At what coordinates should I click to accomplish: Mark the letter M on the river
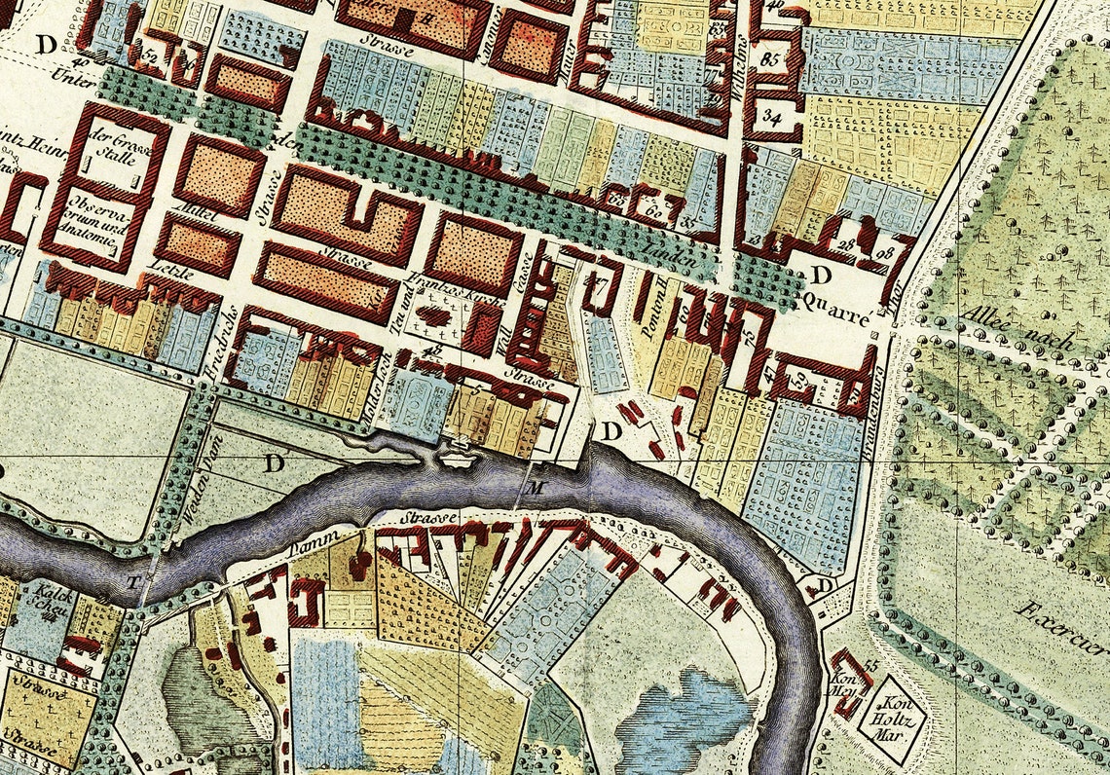pyautogui.click(x=534, y=486)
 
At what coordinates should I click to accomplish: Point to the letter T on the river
pyautogui.click(x=133, y=581)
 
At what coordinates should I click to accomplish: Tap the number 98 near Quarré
pyautogui.click(x=883, y=255)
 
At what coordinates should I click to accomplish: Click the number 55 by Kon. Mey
pyautogui.click(x=869, y=664)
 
